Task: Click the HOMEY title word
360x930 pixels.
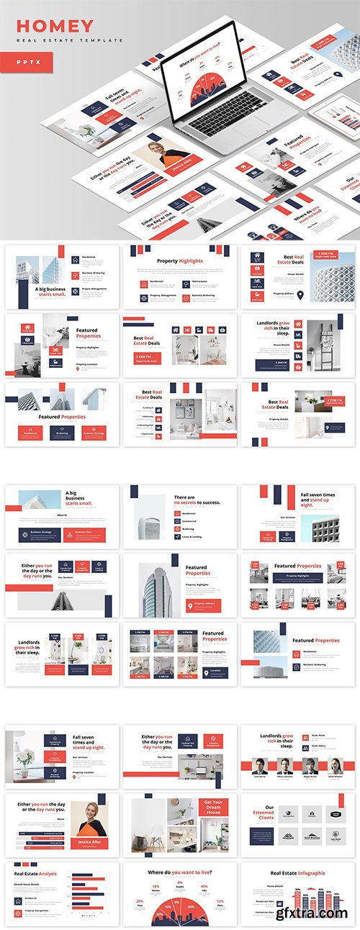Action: coord(55,27)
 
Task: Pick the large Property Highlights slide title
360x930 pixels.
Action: coord(179,261)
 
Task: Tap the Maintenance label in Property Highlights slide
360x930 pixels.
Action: coord(202,281)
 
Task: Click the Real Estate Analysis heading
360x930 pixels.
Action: coord(36,874)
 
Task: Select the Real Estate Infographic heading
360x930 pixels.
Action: coord(297,873)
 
